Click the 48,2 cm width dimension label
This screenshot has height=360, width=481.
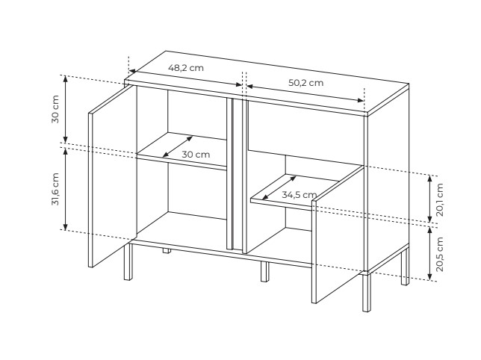point(185,68)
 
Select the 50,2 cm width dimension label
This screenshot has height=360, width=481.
point(305,83)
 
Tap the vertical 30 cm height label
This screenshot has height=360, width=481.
point(55,110)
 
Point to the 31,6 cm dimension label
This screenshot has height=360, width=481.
point(55,189)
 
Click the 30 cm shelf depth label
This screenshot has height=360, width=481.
point(196,155)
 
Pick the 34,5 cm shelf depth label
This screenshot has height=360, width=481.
point(299,195)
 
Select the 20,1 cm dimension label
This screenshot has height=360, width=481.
point(440,199)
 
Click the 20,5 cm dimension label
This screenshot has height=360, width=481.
point(440,254)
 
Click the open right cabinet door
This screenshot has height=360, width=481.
point(338,235)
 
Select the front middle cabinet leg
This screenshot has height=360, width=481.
point(264,271)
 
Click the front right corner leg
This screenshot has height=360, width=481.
point(367,293)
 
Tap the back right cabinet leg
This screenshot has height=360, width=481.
point(406,267)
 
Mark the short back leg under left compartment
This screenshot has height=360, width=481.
point(167,251)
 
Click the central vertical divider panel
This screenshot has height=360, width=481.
point(237,174)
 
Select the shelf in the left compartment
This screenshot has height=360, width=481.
point(181,151)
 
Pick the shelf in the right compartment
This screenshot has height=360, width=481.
point(294,192)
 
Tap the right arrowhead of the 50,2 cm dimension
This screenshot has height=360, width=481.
point(361,100)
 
